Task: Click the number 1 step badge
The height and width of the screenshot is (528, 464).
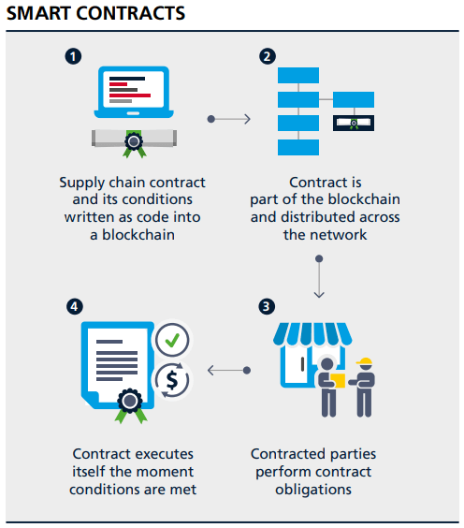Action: pos(73,56)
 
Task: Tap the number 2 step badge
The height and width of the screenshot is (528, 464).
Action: pos(268,56)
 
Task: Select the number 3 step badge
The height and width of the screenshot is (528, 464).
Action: pos(267,306)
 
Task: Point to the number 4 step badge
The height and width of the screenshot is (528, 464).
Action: pos(74,306)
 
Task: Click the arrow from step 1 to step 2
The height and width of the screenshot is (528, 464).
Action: pos(229,119)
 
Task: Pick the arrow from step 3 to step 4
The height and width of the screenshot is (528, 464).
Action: pos(229,371)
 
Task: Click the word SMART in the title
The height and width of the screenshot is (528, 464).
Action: pos(38,13)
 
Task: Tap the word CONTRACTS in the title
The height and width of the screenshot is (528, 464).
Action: pos(131,13)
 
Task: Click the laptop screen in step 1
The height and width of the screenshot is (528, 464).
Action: pos(134,89)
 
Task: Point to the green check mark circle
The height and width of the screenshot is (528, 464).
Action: pos(172,340)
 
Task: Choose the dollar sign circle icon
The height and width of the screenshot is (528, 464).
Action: pos(172,380)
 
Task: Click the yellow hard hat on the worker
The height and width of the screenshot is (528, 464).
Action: pos(365,361)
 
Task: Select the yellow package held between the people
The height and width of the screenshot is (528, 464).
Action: pos(338,380)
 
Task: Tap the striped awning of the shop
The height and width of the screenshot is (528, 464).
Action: pos(312,333)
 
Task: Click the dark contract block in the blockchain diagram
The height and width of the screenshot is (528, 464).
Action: pos(354,123)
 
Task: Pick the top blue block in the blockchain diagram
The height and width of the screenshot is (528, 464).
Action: pos(298,75)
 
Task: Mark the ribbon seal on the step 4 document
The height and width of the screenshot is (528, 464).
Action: pos(131,405)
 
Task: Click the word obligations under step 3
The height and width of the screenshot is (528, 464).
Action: pos(313,490)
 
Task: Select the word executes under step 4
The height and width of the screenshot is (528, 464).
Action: pos(163,454)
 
